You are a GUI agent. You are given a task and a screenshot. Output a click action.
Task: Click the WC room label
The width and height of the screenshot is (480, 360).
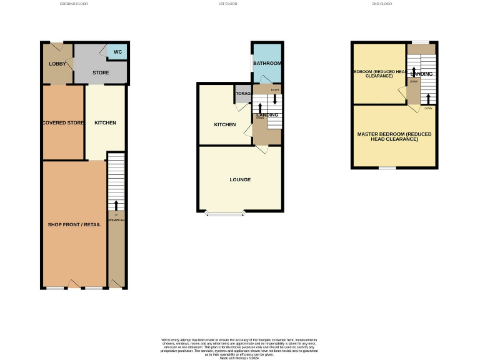117,51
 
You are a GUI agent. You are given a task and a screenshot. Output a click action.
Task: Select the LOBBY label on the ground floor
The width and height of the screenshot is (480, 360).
58,64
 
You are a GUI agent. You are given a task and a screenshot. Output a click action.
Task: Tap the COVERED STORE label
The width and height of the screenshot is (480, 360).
63,122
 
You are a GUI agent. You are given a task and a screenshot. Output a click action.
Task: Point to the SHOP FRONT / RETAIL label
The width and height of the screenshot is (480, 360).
74,224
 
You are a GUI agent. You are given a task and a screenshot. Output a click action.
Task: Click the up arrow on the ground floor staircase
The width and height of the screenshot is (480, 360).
116,205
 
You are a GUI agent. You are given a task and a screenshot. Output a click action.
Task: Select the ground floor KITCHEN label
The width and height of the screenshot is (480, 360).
105,122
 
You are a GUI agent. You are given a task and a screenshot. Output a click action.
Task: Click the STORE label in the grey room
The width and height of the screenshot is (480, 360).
101,73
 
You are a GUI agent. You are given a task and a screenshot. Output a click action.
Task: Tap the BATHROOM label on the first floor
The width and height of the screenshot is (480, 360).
267,64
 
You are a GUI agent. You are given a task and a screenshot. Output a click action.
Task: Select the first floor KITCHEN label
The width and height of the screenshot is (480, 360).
225,124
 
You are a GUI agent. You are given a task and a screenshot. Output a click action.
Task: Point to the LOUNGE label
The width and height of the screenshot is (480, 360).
240,179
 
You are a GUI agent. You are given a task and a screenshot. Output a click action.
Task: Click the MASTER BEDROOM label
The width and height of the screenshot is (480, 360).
394,136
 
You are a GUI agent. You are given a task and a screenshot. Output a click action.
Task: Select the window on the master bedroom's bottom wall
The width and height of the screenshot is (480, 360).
387,167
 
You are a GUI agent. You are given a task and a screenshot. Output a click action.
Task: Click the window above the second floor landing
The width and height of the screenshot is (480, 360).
421,42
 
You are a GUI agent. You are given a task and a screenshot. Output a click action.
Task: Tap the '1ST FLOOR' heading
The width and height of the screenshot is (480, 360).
227,4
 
